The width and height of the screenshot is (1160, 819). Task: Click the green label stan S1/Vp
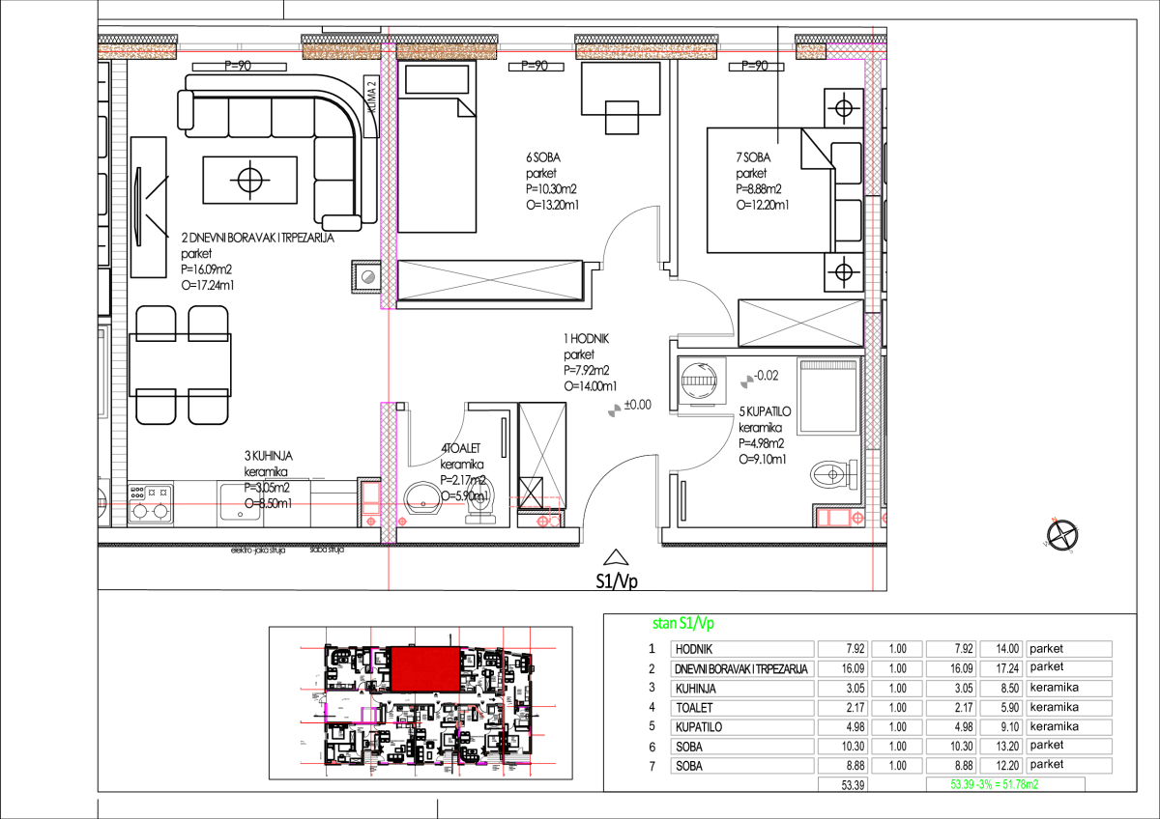pyautogui.click(x=682, y=624)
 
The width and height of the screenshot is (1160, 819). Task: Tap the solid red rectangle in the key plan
pyautogui.click(x=425, y=668)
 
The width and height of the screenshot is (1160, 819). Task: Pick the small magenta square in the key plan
pyautogui.click(x=367, y=715)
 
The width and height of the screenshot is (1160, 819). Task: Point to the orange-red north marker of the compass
pyautogui.click(x=1054, y=520)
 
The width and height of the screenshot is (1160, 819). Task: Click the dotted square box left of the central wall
pyautogui.click(x=367, y=277)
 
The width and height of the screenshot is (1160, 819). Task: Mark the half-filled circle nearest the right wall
pyautogui.click(x=746, y=381)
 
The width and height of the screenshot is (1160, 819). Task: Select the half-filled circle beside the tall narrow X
pyautogui.click(x=614, y=410)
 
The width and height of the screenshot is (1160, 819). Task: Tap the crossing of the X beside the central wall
pyautogui.click(x=490, y=280)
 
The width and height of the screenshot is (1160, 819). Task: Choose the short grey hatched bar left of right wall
pyautogui.click(x=828, y=365)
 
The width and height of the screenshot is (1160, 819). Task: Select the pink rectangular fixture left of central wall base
pyautogui.click(x=371, y=496)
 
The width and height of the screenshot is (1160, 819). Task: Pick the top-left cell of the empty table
pyautogui.click(x=742, y=649)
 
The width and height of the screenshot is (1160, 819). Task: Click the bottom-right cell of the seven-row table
pyautogui.click(x=1069, y=765)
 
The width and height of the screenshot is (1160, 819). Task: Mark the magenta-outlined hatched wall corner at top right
pyautogui.click(x=855, y=51)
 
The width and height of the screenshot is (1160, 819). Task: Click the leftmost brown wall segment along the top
pyautogui.click(x=136, y=51)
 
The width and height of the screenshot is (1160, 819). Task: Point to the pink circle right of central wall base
pyautogui.click(x=402, y=522)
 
